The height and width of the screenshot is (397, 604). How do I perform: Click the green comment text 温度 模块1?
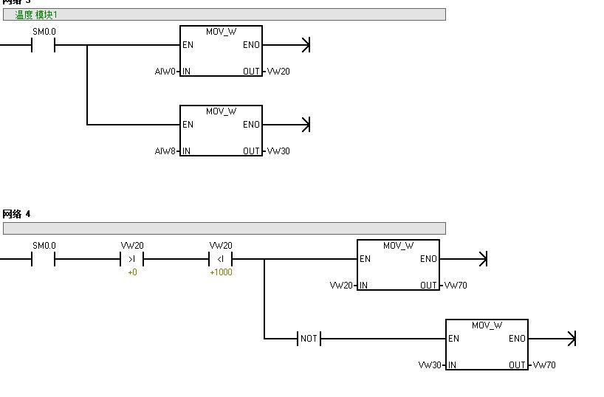coord(36,14)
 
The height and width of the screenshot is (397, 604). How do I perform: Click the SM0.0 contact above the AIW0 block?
coord(44,45)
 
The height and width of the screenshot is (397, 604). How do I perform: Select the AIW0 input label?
coord(165,72)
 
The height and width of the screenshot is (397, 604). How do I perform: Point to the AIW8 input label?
coord(165,151)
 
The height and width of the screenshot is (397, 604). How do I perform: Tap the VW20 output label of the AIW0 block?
coord(278,72)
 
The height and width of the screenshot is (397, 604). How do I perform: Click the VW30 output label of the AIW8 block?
coord(278,151)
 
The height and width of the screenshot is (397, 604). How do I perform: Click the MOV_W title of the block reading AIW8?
coord(221,111)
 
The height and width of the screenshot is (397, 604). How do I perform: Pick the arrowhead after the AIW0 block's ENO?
coord(305,45)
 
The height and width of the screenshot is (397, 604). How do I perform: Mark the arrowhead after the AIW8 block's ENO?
coord(305,125)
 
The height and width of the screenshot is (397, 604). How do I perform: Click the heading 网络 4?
coord(16,214)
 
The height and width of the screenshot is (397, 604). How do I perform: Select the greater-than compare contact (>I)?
coord(132,259)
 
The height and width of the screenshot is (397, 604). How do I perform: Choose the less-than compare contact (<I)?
coord(221,259)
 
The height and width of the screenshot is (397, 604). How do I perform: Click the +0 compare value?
coord(132,273)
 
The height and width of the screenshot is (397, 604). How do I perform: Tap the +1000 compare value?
coord(221,273)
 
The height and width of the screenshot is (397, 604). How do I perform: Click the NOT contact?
coord(309,339)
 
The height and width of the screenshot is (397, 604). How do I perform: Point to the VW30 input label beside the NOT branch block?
coord(430,365)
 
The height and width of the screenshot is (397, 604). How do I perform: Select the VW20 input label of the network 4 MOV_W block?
coord(341,286)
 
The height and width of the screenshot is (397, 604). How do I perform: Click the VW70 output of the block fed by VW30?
coord(544,365)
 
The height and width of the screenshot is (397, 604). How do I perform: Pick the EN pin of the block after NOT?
coord(454,339)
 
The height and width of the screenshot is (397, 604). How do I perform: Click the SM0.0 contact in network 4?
coord(44,259)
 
